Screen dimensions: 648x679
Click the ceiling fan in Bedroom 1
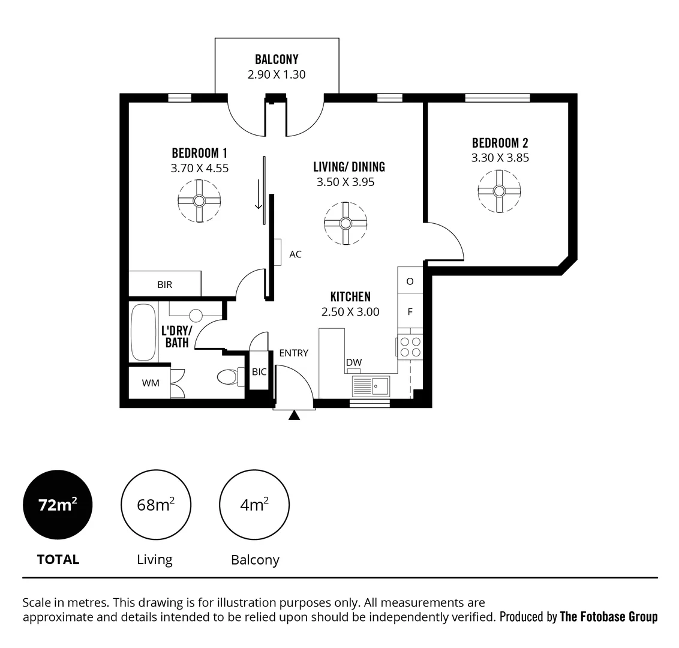pyautogui.click(x=199, y=200)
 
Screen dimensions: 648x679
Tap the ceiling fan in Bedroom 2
pyautogui.click(x=498, y=191)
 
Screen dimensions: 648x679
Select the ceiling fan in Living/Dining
pyautogui.click(x=345, y=223)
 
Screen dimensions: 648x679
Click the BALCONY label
pyautogui.click(x=277, y=59)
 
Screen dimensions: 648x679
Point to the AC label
pyautogui.click(x=295, y=254)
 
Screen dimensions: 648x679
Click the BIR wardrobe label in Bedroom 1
pyautogui.click(x=165, y=284)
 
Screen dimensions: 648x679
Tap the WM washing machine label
pyautogui.click(x=151, y=383)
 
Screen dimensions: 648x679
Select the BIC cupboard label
pyautogui.click(x=259, y=372)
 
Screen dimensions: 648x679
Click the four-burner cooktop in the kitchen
pyautogui.click(x=410, y=347)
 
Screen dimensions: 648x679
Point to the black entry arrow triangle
pyautogui.click(x=294, y=415)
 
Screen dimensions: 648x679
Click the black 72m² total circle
pyautogui.click(x=58, y=505)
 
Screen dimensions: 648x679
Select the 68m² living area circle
pyautogui.click(x=156, y=505)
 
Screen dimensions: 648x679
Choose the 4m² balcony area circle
pyautogui.click(x=254, y=505)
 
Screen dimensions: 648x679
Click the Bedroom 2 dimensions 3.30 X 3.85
pyautogui.click(x=500, y=158)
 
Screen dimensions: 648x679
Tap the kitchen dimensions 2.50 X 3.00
pyautogui.click(x=350, y=312)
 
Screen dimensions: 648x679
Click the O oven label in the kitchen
pyautogui.click(x=410, y=281)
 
